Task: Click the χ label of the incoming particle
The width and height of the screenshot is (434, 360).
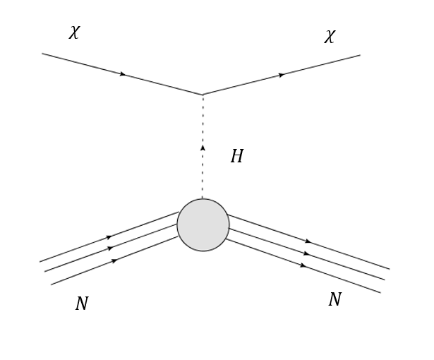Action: pos(74,32)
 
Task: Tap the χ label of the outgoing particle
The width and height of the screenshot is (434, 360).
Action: pos(330,37)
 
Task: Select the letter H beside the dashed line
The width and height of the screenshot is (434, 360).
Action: pos(237,157)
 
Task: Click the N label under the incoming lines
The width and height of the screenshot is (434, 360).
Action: pos(82,304)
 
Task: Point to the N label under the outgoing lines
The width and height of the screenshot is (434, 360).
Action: pos(334,300)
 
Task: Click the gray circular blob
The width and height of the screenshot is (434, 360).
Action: pos(203,225)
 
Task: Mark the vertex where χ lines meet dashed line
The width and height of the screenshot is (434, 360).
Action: pos(203,95)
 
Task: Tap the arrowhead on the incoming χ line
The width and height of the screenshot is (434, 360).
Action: pos(123,74)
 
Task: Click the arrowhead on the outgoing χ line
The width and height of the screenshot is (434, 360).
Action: pos(282,75)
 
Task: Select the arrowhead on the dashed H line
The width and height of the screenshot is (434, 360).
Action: pos(203,148)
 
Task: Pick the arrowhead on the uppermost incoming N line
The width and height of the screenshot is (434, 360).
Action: pos(109,237)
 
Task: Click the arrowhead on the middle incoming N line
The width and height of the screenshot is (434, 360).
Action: pos(110,248)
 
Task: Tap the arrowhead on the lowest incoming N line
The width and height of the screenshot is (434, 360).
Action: pos(114,260)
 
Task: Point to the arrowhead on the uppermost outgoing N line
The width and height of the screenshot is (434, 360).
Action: pos(308,241)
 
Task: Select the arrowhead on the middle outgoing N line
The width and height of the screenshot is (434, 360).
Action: pos(306,253)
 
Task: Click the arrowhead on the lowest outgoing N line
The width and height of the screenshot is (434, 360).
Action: pos(303,265)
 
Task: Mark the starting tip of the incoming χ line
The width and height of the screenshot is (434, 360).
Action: pos(42,54)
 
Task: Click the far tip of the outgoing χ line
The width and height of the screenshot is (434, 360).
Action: pos(360,55)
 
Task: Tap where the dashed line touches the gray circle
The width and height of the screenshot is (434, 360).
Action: pos(203,199)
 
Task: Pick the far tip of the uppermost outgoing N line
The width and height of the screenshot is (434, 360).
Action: pos(390,269)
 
